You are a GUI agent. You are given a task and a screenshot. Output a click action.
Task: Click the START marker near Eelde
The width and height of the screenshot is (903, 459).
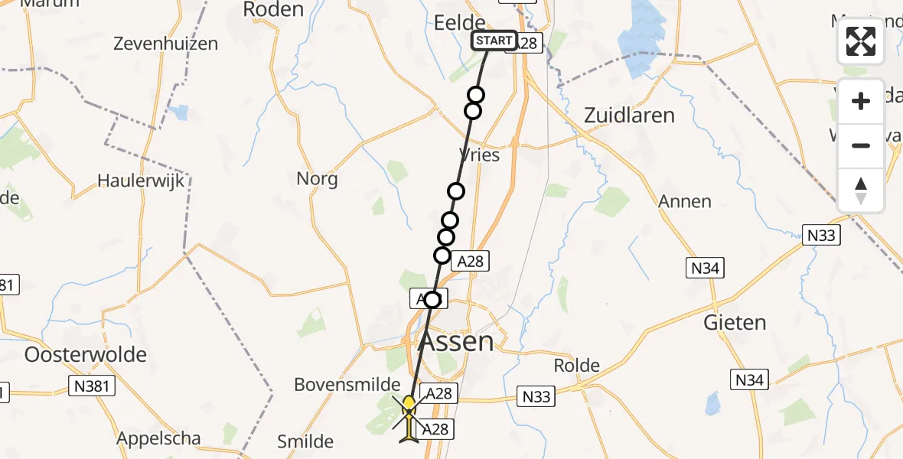pyautogui.click(x=494, y=41)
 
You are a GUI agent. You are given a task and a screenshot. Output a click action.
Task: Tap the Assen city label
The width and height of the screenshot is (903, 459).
pyautogui.click(x=455, y=341)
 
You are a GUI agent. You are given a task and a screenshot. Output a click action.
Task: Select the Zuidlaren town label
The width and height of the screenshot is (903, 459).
pyautogui.click(x=629, y=116)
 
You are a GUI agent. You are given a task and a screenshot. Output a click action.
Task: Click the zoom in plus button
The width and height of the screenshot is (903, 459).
pyautogui.click(x=861, y=101)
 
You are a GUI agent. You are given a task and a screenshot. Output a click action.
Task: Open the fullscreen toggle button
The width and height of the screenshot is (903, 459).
pyautogui.click(x=861, y=42)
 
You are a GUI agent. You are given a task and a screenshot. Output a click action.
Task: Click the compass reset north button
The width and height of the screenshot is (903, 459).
pyautogui.click(x=861, y=190)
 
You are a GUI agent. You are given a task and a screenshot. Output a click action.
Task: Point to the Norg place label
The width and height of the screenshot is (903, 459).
pyautogui.click(x=317, y=179)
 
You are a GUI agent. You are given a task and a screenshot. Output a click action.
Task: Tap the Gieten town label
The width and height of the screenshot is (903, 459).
pyautogui.click(x=735, y=322)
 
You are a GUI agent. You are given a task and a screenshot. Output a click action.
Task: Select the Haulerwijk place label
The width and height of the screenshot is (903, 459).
pyautogui.click(x=142, y=181)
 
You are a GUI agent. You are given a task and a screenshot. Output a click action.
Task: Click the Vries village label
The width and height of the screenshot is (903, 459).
pyautogui.click(x=480, y=155)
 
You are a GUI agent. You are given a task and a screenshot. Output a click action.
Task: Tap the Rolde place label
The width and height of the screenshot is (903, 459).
pyautogui.click(x=576, y=366)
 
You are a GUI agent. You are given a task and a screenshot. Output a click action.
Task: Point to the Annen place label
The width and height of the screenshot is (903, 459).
pyautogui.click(x=685, y=202)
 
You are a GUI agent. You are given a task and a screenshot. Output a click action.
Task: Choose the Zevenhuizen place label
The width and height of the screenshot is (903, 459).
pyautogui.click(x=165, y=44)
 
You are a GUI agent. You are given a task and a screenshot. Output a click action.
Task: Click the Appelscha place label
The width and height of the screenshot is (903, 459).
pyautogui.click(x=159, y=439)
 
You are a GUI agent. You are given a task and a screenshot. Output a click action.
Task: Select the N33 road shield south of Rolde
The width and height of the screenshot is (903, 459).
pyautogui.click(x=537, y=396)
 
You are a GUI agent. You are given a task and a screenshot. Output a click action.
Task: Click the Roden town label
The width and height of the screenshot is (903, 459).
pyautogui.click(x=273, y=9)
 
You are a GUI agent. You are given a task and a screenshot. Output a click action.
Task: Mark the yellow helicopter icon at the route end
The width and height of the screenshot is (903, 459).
pyautogui.click(x=410, y=405)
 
